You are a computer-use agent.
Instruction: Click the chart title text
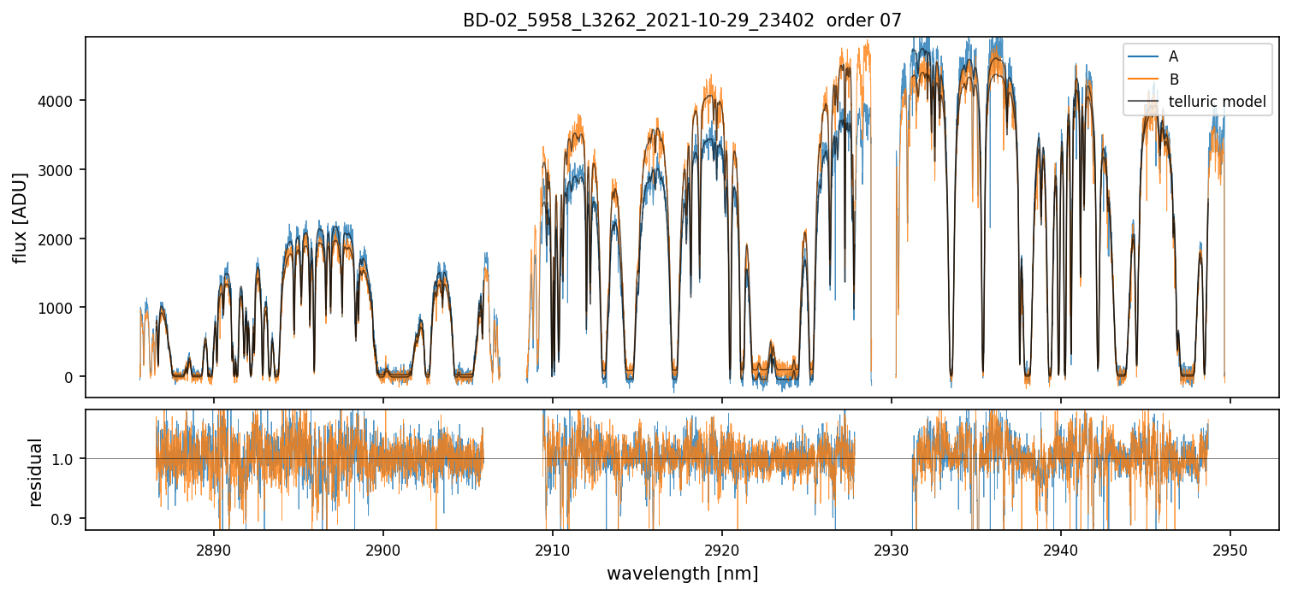(682, 21)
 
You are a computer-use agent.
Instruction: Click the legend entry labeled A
(1173, 56)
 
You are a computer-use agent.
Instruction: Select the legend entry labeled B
(1173, 80)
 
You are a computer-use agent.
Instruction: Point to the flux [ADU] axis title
(21, 217)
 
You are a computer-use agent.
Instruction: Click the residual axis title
(36, 471)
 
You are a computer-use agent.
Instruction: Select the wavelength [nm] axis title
(682, 574)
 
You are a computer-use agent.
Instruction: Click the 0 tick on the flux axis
(70, 377)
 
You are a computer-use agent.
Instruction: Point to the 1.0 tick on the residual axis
(65, 459)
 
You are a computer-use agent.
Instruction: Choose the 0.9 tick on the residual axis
(65, 519)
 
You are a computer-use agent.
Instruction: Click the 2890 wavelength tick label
(213, 547)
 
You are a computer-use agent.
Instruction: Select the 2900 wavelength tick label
(382, 547)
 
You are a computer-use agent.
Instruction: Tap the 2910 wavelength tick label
(552, 547)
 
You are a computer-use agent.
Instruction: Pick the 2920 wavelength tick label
(721, 547)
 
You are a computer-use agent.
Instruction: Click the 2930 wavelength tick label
(892, 547)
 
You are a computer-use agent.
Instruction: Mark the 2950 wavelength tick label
(1230, 547)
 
